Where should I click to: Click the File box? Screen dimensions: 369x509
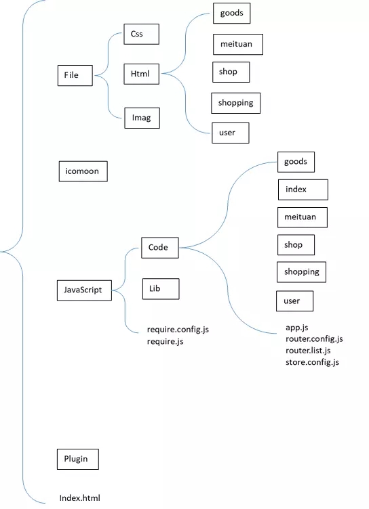(x=75, y=76)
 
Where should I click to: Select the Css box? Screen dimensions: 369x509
(x=141, y=34)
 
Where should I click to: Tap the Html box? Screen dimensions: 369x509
(x=141, y=74)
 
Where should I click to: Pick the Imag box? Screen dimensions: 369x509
(x=142, y=118)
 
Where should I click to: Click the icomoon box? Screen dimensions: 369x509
(x=83, y=171)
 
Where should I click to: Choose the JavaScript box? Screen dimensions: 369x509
(x=84, y=290)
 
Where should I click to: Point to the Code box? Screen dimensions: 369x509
(x=160, y=248)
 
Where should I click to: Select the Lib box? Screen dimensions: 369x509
(x=161, y=288)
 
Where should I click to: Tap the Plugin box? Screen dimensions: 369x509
(x=78, y=459)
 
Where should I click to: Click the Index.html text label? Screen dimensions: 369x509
(x=80, y=498)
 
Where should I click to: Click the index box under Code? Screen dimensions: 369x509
(x=303, y=190)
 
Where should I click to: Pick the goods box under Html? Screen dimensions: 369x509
(x=232, y=14)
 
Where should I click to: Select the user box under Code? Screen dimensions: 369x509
(x=295, y=301)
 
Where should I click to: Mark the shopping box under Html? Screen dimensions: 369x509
(x=235, y=104)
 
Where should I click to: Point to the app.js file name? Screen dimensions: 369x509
(x=297, y=328)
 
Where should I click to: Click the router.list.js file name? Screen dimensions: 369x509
(x=308, y=351)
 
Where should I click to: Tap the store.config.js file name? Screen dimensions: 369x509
(x=313, y=362)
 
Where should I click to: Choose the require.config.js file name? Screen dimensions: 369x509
(x=178, y=330)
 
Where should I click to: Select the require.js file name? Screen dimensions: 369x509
(x=166, y=342)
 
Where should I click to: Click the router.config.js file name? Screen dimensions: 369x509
(x=314, y=339)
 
